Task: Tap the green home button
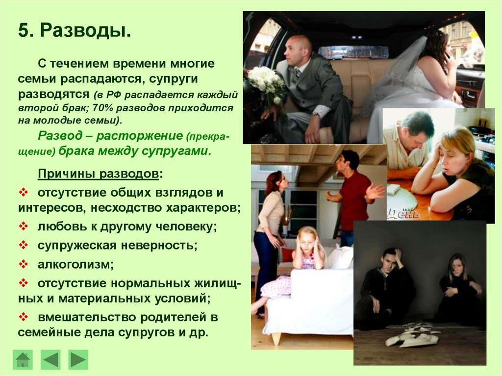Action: pos(23,359)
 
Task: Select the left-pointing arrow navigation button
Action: pos(50,359)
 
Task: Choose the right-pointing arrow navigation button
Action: pos(78,359)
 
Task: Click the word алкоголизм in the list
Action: pos(75,264)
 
